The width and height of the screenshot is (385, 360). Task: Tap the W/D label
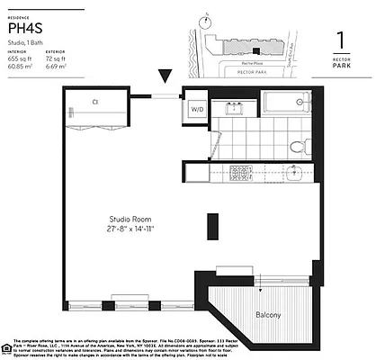196,110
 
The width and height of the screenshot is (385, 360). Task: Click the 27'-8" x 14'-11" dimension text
129,229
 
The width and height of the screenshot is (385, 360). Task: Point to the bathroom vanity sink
236,110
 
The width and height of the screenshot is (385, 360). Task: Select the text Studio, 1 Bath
29,43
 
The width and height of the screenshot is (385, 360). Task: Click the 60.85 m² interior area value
21,67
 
